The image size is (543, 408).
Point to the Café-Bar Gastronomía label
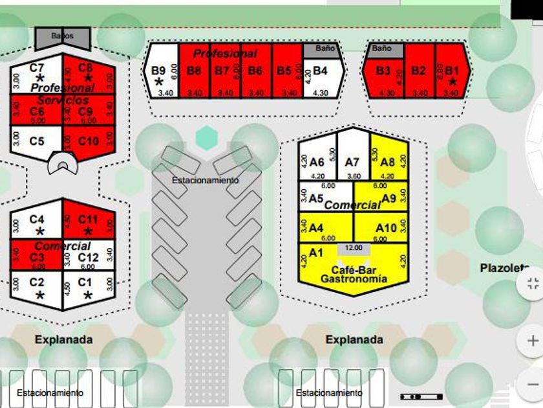pyautogui.click(x=354, y=275)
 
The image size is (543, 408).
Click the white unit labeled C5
pyautogui.click(x=37, y=140)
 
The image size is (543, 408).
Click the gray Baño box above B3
pyautogui.click(x=382, y=49)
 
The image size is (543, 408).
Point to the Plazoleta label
pyautogui.click(x=504, y=267)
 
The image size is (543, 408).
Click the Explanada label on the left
pyautogui.click(x=63, y=339)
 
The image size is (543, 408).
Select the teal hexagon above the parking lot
pyautogui.click(x=206, y=137)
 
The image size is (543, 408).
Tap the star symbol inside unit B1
pyautogui.click(x=452, y=82)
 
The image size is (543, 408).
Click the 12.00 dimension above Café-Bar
pyautogui.click(x=354, y=248)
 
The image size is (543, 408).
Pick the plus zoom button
pyautogui.click(x=533, y=341)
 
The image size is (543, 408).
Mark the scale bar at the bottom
pyautogui.click(x=422, y=396)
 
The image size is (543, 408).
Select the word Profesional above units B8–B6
pyautogui.click(x=225, y=54)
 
